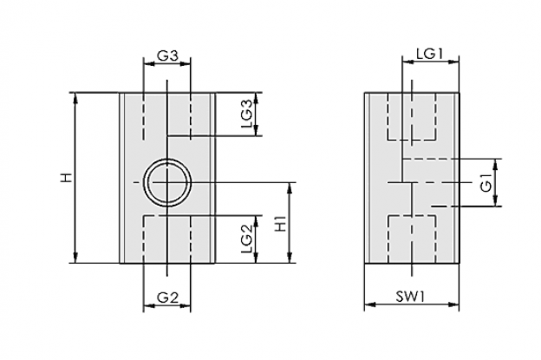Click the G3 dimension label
tap(167, 56)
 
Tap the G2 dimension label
tap(167, 298)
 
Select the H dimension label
tap(66, 178)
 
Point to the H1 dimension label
tap(281, 224)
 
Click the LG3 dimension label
tap(247, 115)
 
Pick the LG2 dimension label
tap(247, 239)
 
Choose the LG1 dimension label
tap(429, 54)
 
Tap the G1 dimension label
tap(486, 183)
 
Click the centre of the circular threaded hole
tap(167, 182)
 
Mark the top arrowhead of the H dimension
tap(76, 98)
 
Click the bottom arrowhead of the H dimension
tap(76, 258)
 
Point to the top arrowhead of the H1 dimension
tap(290, 187)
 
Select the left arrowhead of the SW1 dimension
tap(370, 304)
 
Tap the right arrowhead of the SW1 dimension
tap(453, 304)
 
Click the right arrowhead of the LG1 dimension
tap(453, 62)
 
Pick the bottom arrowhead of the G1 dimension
tap(495, 201)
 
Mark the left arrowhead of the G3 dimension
tap(149, 63)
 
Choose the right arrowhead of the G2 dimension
tap(185, 305)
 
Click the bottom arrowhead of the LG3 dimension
tap(256, 130)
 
